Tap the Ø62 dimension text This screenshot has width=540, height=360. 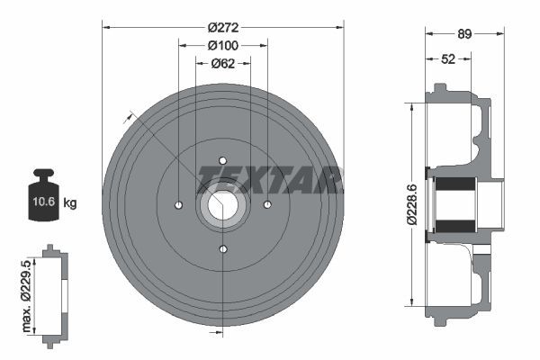pos(222,63)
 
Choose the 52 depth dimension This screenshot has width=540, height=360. pos(447,59)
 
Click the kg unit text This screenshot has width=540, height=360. pos(70,202)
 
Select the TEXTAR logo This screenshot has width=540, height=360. pos(270,178)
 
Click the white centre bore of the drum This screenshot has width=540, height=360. pos(222,205)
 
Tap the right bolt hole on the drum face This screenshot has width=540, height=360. pos(267,205)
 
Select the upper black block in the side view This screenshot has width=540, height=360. pos(454,191)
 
